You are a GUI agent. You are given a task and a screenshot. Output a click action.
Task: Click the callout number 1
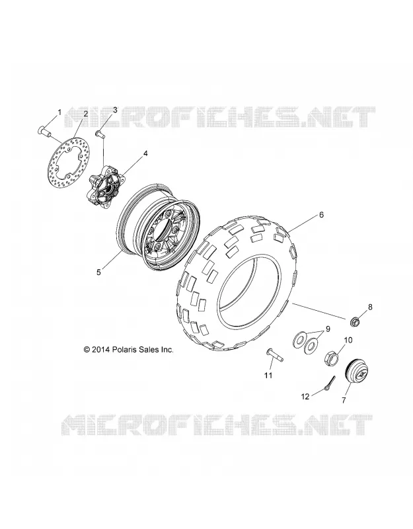coord(59,112)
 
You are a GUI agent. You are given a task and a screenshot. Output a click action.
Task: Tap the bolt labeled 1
coord(44,131)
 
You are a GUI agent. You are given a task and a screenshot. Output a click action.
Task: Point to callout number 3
coord(114,110)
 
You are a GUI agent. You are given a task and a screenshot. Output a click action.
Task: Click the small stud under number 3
coord(100,134)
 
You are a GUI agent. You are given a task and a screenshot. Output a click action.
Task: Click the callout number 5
coord(98,272)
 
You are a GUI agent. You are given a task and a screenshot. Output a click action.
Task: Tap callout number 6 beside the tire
coord(321,214)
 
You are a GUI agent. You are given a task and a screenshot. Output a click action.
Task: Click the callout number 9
coord(327,329)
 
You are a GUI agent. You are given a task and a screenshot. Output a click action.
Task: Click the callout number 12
coord(305,397)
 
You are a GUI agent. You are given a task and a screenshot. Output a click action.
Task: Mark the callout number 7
coord(344,401)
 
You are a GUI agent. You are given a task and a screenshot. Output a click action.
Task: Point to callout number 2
coord(86,114)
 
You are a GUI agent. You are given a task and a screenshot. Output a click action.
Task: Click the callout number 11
coord(268,375)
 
